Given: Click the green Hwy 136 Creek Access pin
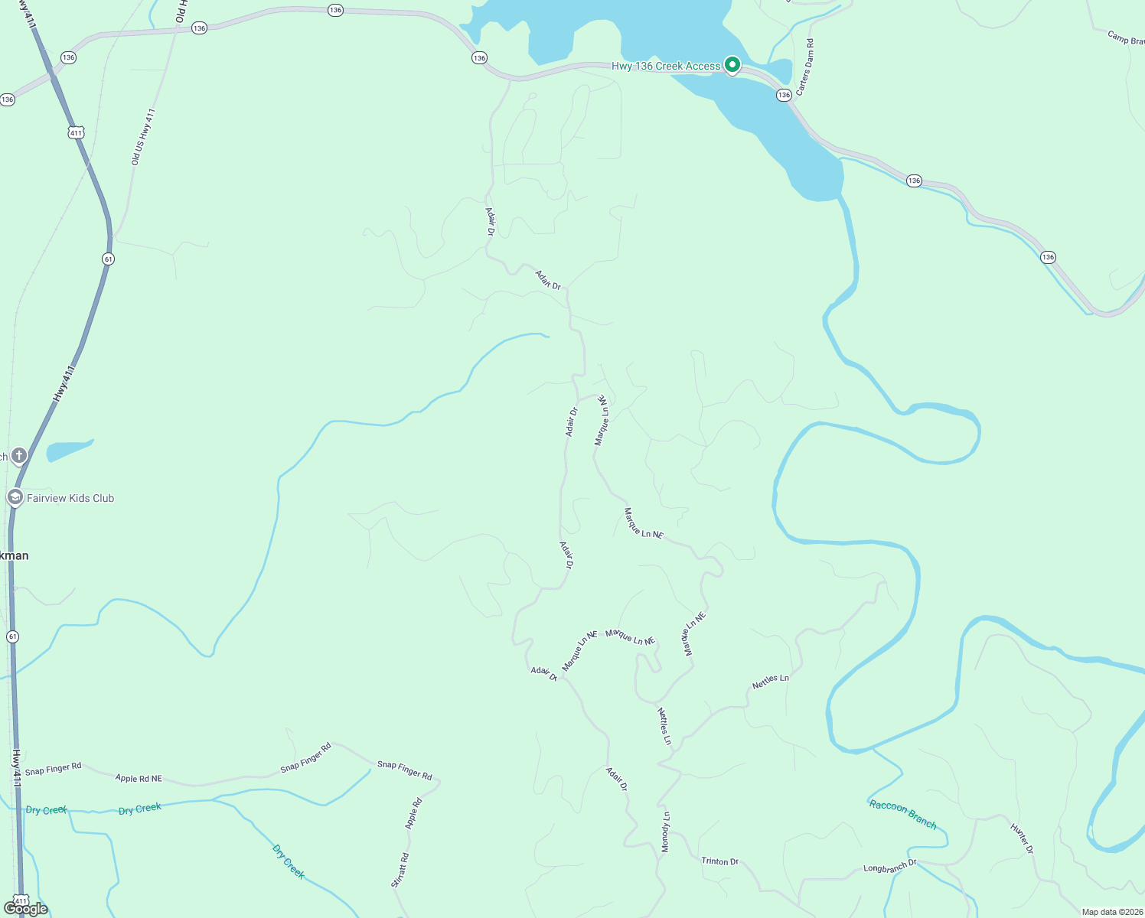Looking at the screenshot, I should click(732, 65).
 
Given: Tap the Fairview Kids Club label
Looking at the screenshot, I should click(70, 498).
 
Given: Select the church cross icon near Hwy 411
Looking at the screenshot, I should click(19, 456).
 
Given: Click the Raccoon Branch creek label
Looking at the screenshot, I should click(902, 814).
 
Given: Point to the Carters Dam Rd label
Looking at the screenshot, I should click(805, 67).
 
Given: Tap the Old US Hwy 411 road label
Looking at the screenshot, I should click(143, 137).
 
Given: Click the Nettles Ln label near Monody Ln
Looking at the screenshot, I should click(664, 726).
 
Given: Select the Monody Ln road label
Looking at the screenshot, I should click(666, 832).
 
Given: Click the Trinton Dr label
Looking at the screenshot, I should click(719, 861).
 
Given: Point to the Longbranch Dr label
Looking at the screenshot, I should click(889, 867).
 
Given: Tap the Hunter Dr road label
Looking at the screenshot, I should click(1022, 838).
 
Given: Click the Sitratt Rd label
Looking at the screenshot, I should click(400, 870).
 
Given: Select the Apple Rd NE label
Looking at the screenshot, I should click(139, 779).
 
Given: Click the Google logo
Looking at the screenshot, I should click(26, 909).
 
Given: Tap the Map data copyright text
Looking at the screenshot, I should click(1111, 912).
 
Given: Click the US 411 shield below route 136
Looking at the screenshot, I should click(75, 133).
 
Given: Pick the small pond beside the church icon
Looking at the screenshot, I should click(69, 450).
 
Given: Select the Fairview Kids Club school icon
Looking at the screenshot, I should click(15, 498).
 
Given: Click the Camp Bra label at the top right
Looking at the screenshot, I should click(1125, 37).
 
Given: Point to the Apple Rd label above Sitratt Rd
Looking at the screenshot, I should click(413, 814).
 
